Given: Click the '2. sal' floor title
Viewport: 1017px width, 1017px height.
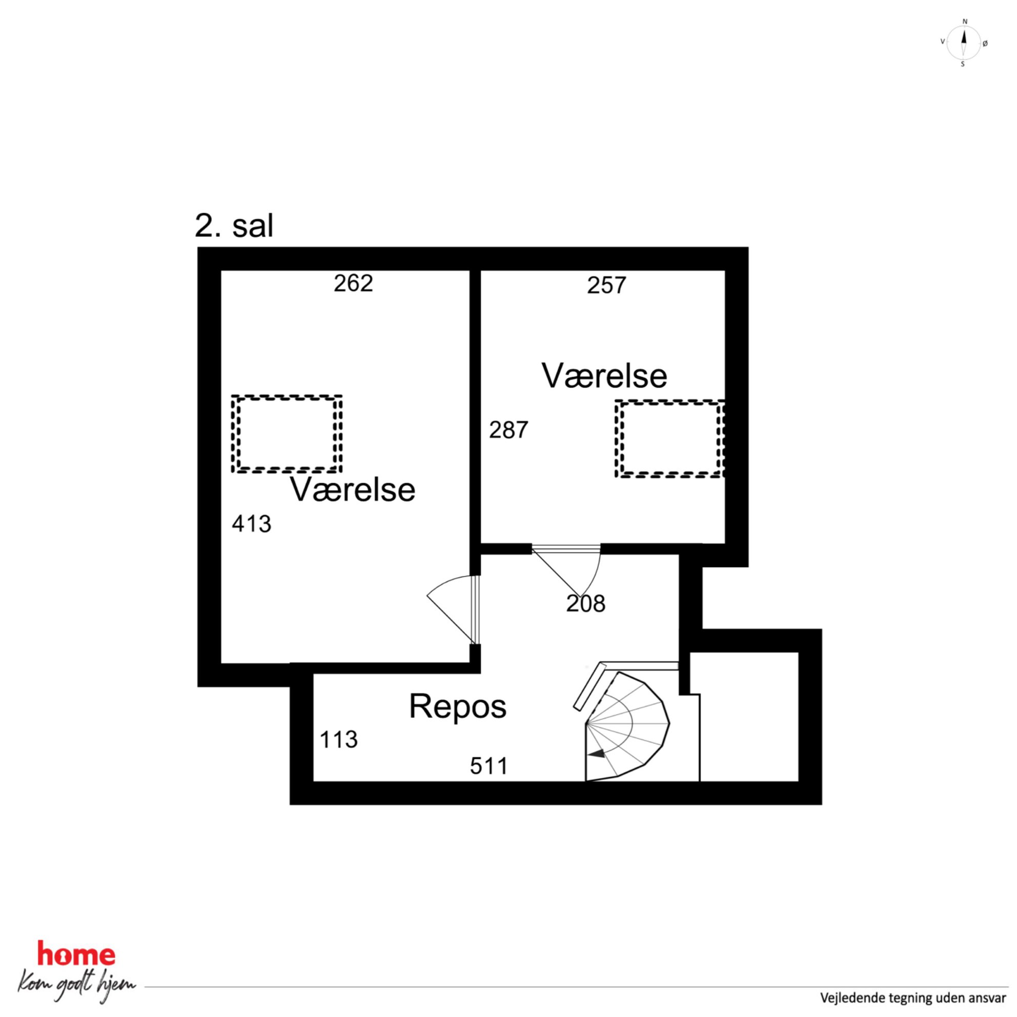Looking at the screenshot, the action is coord(234,226).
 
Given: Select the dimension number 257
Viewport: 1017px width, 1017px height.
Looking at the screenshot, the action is coord(606,286).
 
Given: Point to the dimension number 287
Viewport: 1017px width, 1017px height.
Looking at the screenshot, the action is coord(508,430).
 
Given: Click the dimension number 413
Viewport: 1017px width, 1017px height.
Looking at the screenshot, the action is coord(252,524).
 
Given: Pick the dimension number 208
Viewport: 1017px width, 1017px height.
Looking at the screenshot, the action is coord(586,604).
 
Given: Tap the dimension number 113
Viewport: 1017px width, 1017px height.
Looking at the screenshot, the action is coord(339,740).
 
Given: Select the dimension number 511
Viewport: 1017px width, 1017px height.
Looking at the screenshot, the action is coord(489,766).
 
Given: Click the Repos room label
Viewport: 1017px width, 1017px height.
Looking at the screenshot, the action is coord(457,706).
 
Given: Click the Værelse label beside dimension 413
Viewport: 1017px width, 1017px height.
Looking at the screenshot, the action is coord(353,490).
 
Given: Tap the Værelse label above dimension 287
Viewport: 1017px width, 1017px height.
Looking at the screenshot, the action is coord(604,376).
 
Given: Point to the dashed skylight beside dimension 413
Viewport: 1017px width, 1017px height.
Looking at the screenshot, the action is coord(287,434).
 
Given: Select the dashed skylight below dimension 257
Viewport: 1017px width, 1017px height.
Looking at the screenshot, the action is coord(669,439).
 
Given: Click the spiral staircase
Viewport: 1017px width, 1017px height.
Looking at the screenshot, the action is coord(626,726).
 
